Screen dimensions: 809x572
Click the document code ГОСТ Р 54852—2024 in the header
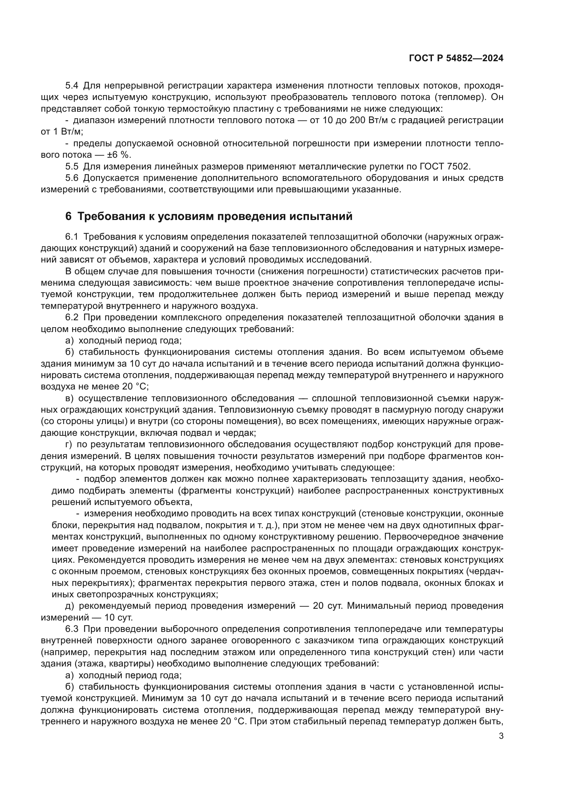(456, 58)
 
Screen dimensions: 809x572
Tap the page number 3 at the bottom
(501, 736)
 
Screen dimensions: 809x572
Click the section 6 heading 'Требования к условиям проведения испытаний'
(209, 216)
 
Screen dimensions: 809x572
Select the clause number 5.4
(72, 86)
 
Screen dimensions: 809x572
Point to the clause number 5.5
(72, 166)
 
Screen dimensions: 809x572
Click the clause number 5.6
(72, 178)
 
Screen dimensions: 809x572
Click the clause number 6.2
(72, 317)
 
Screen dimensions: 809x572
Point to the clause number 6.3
(72, 629)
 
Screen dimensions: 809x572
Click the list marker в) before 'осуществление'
(70, 398)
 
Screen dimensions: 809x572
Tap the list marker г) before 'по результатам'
(69, 444)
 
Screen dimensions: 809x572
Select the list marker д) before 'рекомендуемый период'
(70, 606)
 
